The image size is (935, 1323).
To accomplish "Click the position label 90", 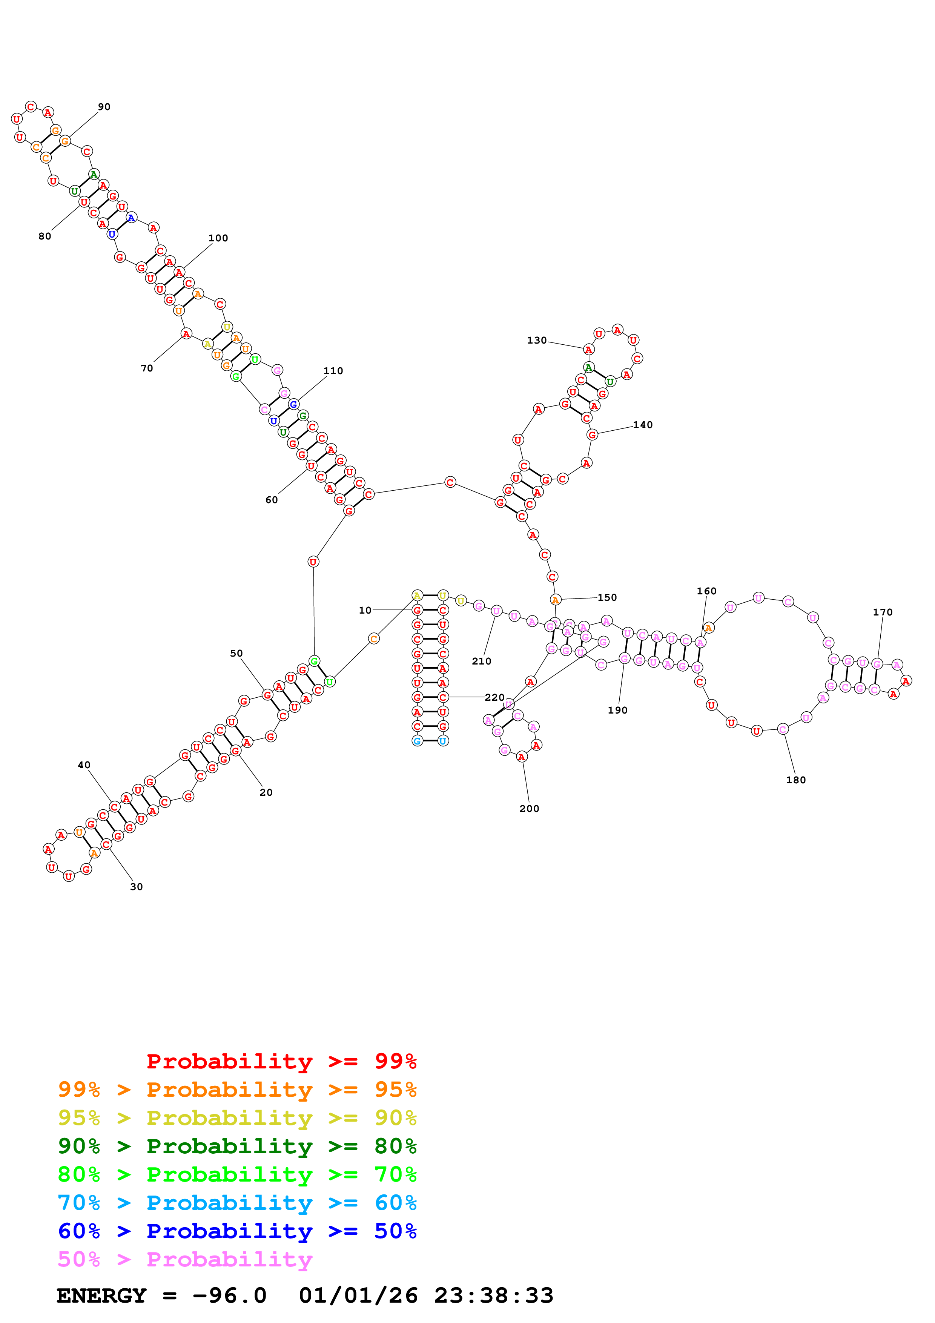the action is coord(104,107).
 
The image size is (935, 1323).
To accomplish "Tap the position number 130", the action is coord(536,341).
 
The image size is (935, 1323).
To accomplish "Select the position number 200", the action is coord(529,809).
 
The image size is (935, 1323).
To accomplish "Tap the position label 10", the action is coord(365,610).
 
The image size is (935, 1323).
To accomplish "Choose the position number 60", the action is coord(271,500).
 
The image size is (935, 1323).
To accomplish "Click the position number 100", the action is coord(218,238).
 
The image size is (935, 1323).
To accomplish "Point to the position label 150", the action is coord(606,597).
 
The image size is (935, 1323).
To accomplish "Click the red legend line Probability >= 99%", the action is coord(281,1061).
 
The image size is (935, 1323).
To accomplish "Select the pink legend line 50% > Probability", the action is coord(185,1260).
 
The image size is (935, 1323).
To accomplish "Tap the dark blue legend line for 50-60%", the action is coord(237,1231).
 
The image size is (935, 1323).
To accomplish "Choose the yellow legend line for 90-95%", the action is coord(237,1118).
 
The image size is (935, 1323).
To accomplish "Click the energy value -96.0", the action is coord(229,1296).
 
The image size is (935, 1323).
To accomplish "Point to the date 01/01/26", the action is coord(358,1296).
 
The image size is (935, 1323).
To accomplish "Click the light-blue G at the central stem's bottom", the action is coord(417,741).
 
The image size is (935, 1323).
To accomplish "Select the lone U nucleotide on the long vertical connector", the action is coord(313,562).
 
